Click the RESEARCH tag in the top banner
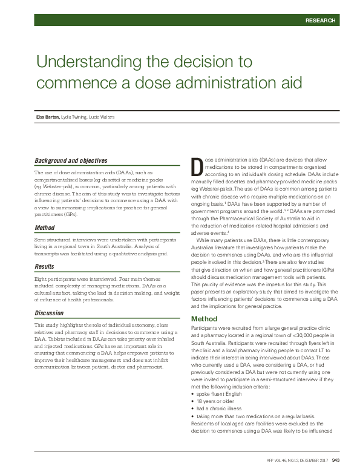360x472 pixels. point(320,21)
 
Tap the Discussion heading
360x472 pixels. point(50,312)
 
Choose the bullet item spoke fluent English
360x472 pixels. point(218,376)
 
